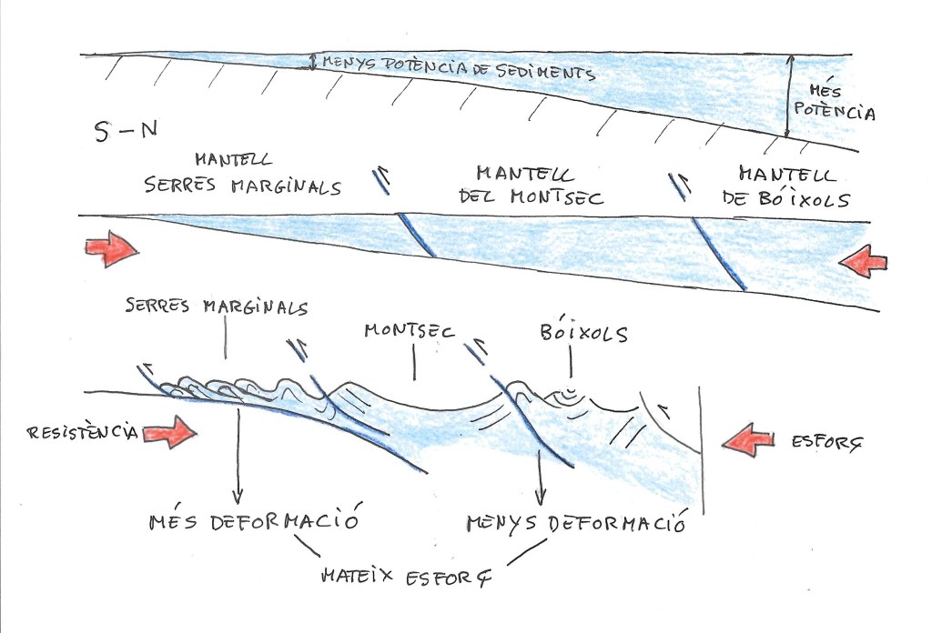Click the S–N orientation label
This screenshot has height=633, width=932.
(x=126, y=131)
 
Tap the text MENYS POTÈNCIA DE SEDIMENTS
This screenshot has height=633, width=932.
(x=459, y=67)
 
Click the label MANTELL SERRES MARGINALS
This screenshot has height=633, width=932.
(x=242, y=174)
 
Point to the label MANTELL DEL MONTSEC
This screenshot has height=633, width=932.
(x=532, y=186)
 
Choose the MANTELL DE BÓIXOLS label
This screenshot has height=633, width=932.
(x=786, y=186)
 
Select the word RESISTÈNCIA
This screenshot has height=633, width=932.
(x=82, y=432)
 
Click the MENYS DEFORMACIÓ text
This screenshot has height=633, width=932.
(x=576, y=523)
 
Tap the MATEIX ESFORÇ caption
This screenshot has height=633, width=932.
(x=407, y=576)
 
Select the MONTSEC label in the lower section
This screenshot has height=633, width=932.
(x=410, y=330)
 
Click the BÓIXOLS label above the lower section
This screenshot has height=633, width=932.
(x=583, y=332)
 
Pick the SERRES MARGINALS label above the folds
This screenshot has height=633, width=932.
(x=217, y=306)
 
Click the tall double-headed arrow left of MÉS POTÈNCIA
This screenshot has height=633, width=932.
(x=789, y=95)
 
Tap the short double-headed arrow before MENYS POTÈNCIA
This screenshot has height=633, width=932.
(x=313, y=62)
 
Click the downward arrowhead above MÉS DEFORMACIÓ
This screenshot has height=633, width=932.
(x=238, y=495)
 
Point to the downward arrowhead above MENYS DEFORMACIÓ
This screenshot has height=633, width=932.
(x=541, y=496)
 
